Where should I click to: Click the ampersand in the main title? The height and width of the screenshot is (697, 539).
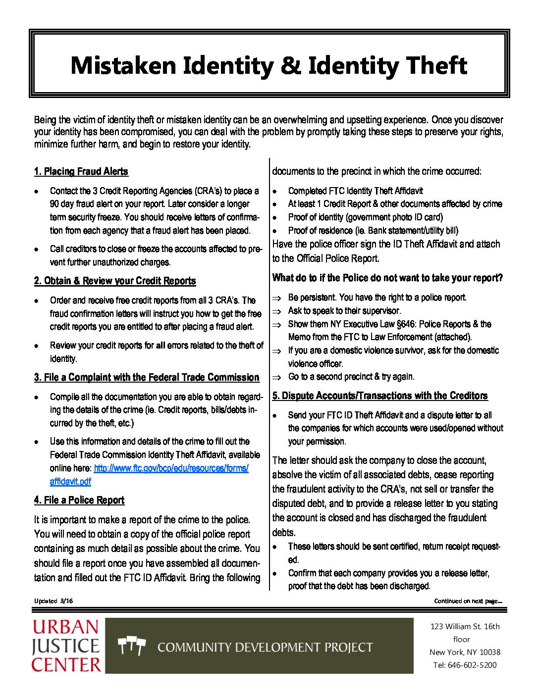pos(290,66)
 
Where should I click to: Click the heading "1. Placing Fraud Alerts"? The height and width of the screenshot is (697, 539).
pos(81,172)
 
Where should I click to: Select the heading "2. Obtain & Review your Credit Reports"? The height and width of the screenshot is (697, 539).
pos(115,281)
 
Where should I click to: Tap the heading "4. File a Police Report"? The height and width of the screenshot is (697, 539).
pos(79,500)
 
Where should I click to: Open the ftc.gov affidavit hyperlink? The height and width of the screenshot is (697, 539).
pos(171,468)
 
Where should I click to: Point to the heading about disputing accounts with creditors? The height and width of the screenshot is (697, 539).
pos(380,396)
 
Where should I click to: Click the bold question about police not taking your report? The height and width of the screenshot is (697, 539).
pos(387,278)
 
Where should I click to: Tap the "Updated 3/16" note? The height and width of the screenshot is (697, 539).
pos(54,601)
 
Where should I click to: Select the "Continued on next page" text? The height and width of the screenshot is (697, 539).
pos(468,601)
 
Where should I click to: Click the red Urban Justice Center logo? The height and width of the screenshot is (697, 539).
pos(66,646)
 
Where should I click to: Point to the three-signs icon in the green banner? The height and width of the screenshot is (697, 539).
pos(132,646)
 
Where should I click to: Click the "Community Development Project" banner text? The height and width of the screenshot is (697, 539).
pos(265,647)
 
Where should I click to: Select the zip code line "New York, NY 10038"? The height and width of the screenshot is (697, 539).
pos(465,652)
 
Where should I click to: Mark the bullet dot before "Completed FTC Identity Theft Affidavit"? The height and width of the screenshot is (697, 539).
pos(275,191)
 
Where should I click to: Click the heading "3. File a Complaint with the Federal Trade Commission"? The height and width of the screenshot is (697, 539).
pos(147,378)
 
